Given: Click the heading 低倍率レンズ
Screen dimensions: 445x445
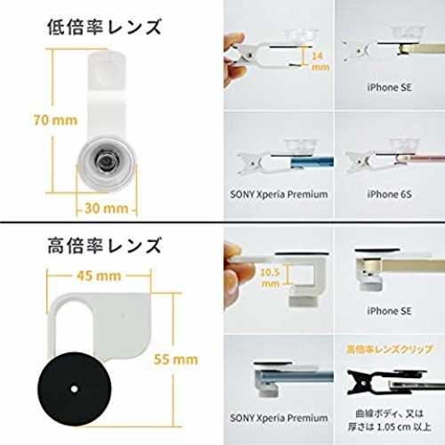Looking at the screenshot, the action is (x=104, y=27).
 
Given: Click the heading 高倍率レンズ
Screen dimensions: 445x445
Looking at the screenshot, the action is (x=104, y=246).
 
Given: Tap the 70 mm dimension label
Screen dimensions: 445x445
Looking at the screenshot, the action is (x=55, y=120).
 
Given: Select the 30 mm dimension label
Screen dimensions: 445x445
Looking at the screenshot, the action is (x=106, y=208).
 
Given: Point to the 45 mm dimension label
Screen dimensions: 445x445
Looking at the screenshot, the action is (x=99, y=276).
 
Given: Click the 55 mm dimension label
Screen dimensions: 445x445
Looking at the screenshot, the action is (x=176, y=360).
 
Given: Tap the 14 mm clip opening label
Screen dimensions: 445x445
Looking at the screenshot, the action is (x=320, y=61).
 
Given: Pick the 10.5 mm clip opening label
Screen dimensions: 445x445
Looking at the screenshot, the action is (x=270, y=278).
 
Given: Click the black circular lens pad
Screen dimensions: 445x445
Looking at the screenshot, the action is (x=75, y=389).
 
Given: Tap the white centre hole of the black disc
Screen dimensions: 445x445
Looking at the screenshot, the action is (x=74, y=389).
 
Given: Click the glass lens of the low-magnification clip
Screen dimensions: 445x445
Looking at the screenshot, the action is (x=104, y=162).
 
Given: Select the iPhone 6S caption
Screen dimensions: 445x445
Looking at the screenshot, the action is (x=389, y=194).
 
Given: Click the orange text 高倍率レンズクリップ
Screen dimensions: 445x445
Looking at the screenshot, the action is (x=389, y=349).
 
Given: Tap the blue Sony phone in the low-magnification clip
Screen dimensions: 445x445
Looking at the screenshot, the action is (x=312, y=163).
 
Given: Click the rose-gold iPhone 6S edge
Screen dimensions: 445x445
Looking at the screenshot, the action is (x=420, y=159).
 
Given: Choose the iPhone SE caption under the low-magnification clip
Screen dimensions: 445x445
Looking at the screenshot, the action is (x=389, y=87).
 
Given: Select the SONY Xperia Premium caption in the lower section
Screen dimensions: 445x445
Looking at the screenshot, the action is (x=279, y=418).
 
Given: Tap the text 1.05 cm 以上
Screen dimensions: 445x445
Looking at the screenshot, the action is (x=404, y=427).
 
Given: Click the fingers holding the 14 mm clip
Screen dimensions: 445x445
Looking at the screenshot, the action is (x=234, y=61).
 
